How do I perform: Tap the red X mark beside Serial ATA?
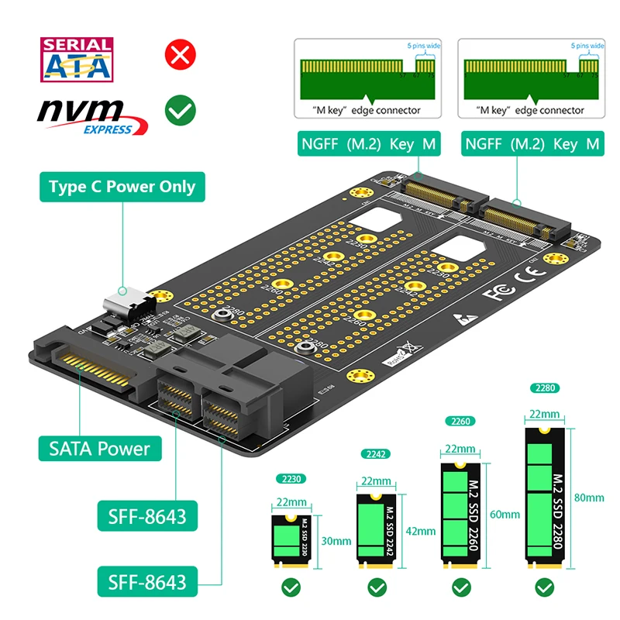tap(180, 55)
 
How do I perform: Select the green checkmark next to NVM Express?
tap(180, 111)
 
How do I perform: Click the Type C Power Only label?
tap(122, 187)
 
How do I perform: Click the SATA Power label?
tap(100, 448)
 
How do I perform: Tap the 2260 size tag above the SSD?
tap(460, 421)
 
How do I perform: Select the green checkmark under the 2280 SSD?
tap(544, 588)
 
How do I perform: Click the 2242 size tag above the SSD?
tap(376, 453)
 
